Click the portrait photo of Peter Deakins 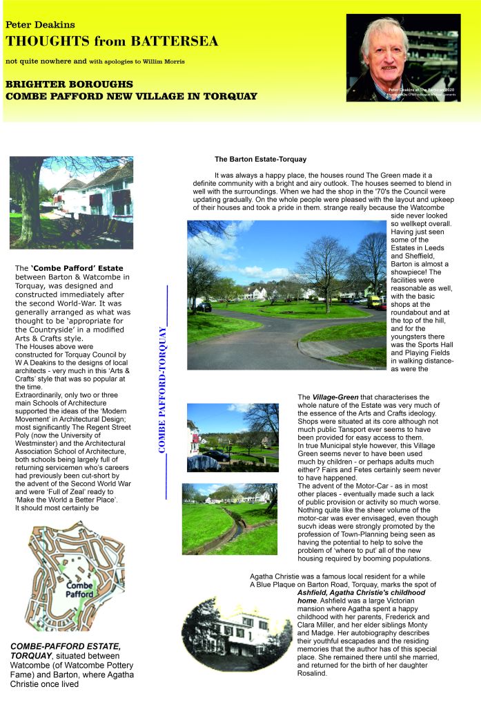click(x=403, y=58)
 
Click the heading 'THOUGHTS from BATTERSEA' click(x=112, y=41)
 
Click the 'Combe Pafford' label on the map click(x=79, y=590)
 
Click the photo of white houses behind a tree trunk click(x=71, y=202)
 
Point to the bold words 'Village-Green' click(x=334, y=397)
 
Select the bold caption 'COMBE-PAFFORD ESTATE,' click(x=66, y=646)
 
